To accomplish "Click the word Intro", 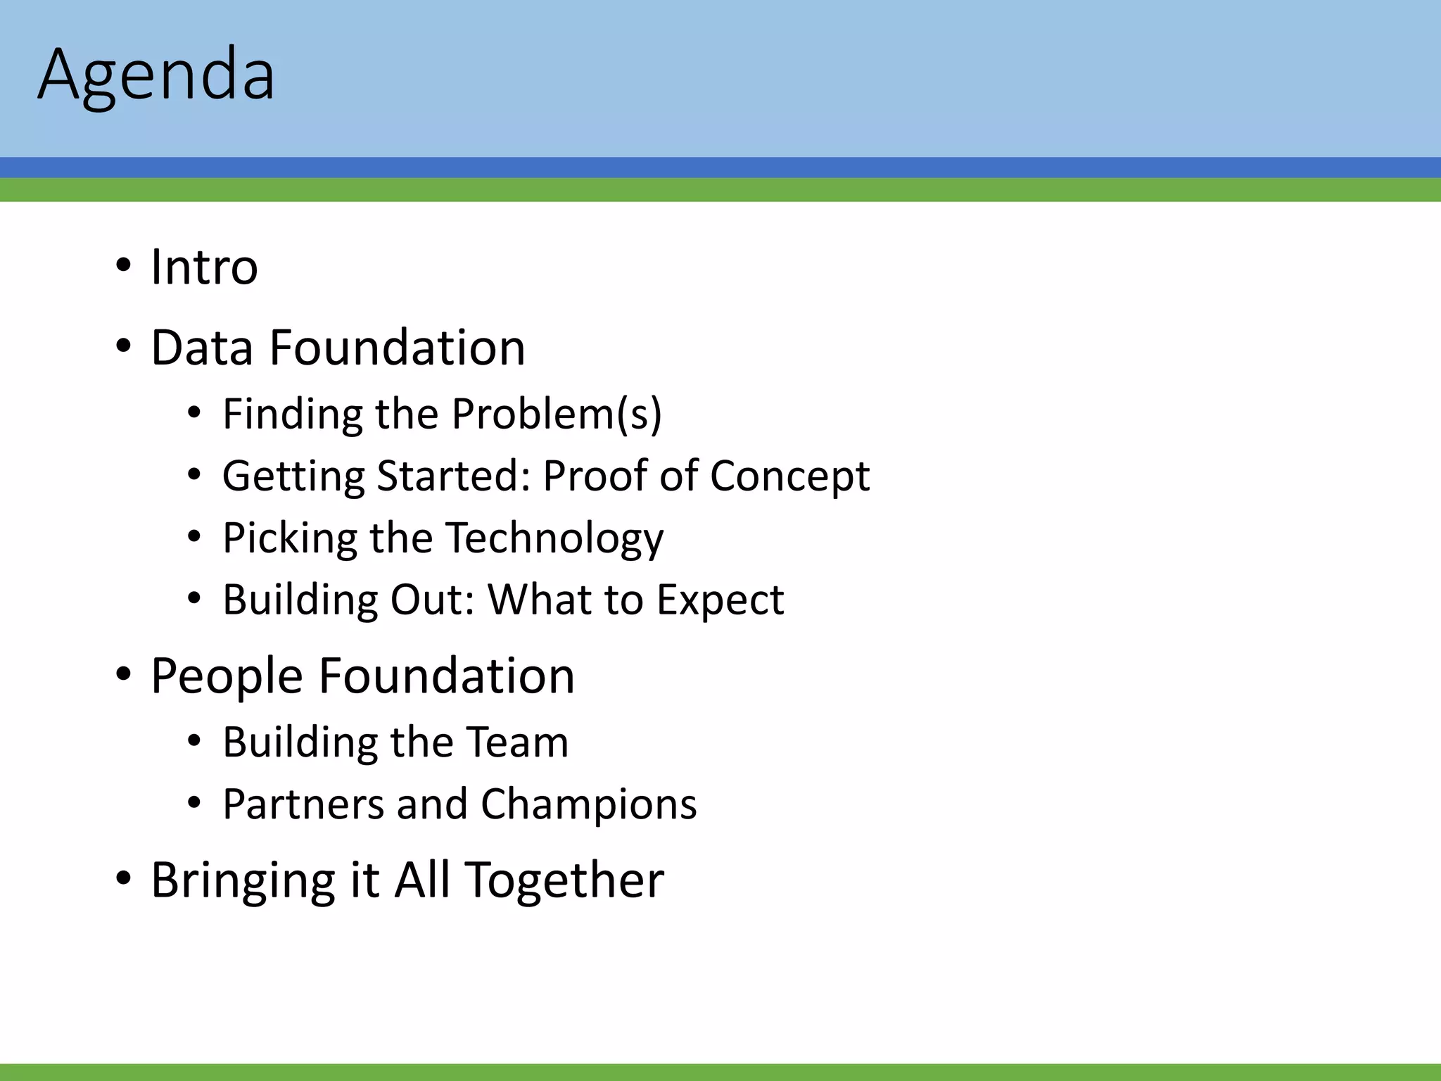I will click(204, 267).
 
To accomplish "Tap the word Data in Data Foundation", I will click(201, 348).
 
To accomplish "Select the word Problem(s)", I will click(556, 414).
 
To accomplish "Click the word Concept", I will click(789, 476).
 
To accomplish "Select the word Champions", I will click(588, 804).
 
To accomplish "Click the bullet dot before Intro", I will click(123, 267).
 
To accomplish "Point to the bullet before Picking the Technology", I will click(194, 538).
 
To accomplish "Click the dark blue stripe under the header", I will click(720, 167).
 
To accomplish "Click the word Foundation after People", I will click(447, 676).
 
